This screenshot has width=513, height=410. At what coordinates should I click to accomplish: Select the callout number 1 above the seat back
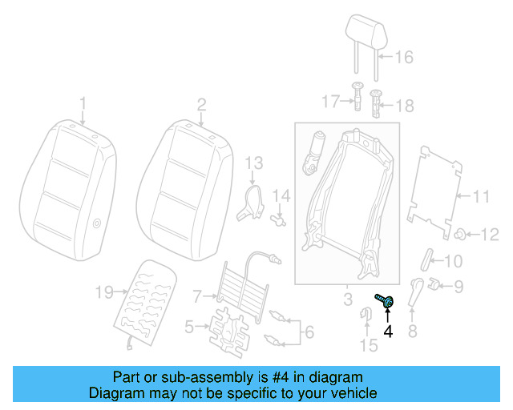pos(82,102)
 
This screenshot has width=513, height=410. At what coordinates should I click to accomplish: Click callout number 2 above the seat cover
pos(201,102)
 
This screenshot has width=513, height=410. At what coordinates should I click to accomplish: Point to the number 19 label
pos(104,293)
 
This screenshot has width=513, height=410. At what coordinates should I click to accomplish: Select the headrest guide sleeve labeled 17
pos(357,100)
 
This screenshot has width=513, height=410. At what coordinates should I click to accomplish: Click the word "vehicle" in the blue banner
pos(350,393)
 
